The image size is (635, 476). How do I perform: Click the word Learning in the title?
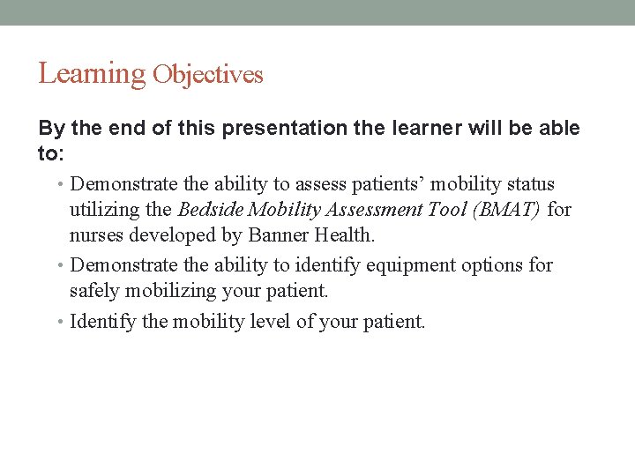(91, 74)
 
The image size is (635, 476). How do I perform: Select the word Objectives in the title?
(207, 75)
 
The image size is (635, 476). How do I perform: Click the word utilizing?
(105, 210)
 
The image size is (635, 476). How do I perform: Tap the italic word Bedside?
(211, 210)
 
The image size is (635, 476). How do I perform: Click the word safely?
(94, 291)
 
